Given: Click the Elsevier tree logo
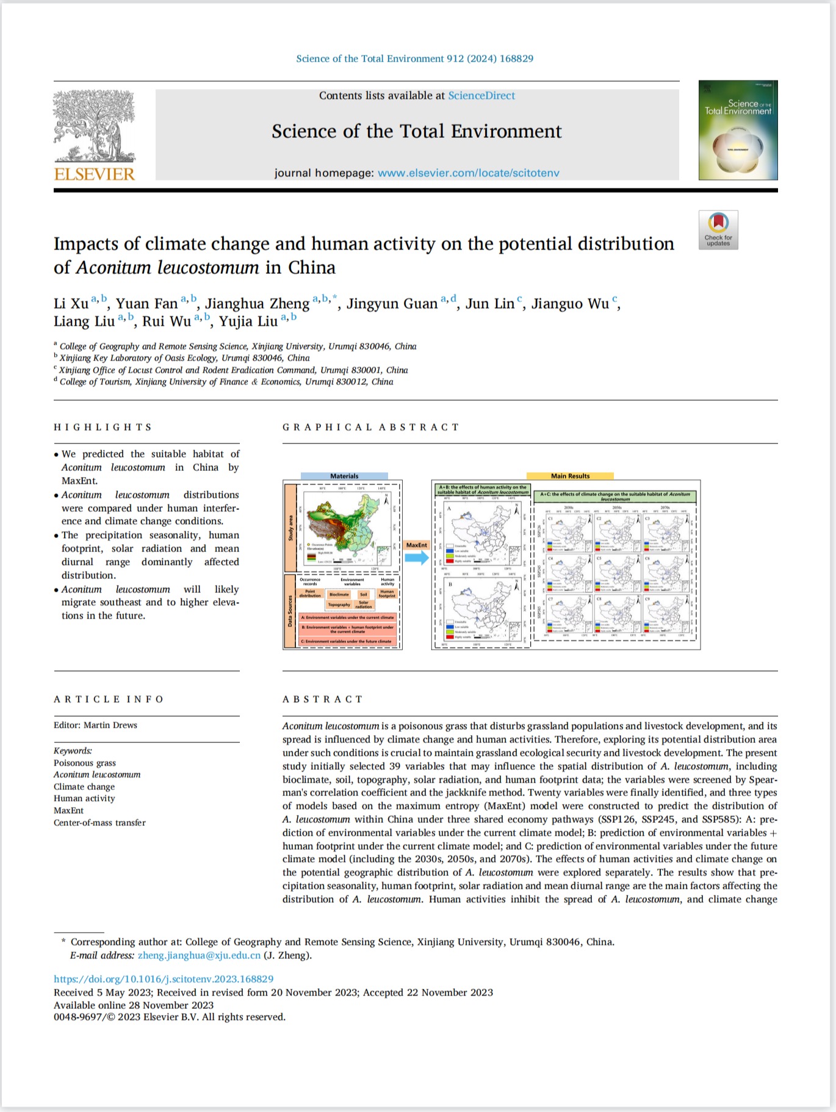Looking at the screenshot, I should tap(94, 127).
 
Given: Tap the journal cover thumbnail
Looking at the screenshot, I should tap(738, 130).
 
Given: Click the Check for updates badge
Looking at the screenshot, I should tap(718, 229).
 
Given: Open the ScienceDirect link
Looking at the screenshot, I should tap(481, 96).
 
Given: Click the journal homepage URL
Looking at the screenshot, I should tap(468, 173).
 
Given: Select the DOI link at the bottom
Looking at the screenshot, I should tap(164, 979).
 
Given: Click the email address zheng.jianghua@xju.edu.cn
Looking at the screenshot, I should tap(199, 955).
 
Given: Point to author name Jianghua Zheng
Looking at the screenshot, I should tap(257, 304).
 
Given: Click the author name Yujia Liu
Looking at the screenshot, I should tap(248, 321).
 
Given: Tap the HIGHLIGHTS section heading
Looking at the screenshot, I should tap(103, 427).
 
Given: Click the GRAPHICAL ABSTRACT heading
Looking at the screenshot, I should tap(370, 427).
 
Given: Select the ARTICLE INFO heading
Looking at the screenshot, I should tap(109, 699).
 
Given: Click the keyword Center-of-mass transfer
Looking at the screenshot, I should tap(99, 822).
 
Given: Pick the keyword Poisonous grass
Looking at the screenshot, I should tap(84, 762).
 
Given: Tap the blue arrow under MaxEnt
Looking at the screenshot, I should tap(417, 557).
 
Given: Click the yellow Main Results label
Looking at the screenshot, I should tap(570, 476).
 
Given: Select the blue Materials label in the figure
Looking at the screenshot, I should tap(344, 476).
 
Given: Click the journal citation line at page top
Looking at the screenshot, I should tap(414, 59).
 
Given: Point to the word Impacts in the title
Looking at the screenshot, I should tap(86, 244).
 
